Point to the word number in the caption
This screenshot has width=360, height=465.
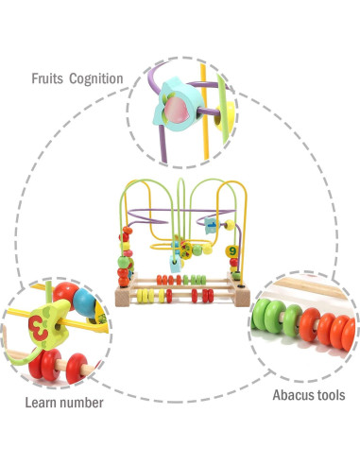coord(81,404)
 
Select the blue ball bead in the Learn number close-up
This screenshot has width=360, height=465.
coord(84,304)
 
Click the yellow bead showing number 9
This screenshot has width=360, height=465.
coord(231,251)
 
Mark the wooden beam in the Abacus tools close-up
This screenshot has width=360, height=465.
coord(321,283)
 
